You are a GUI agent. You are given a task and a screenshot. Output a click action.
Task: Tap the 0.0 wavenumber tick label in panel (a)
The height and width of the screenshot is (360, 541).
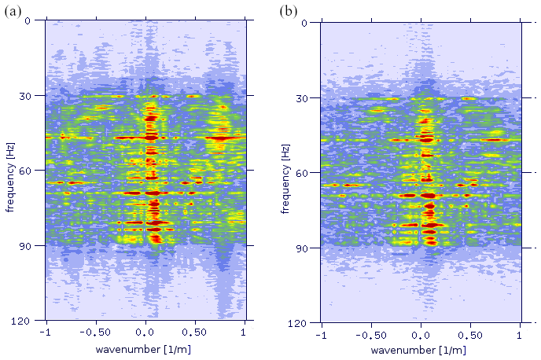pyautogui.click(x=145, y=334)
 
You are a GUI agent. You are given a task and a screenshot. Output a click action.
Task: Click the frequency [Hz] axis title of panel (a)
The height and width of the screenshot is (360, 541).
pyautogui.click(x=10, y=171)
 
